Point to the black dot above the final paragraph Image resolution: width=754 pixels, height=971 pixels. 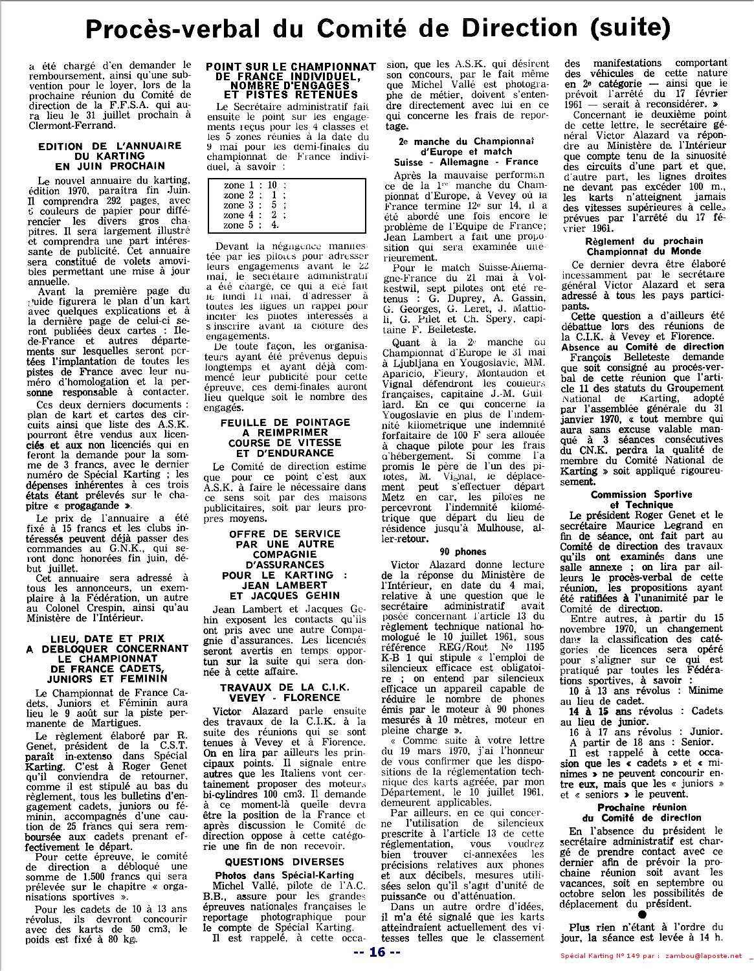(641, 916)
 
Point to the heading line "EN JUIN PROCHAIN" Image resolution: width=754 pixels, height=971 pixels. (110, 166)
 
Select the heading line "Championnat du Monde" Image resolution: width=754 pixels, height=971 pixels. (635, 251)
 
